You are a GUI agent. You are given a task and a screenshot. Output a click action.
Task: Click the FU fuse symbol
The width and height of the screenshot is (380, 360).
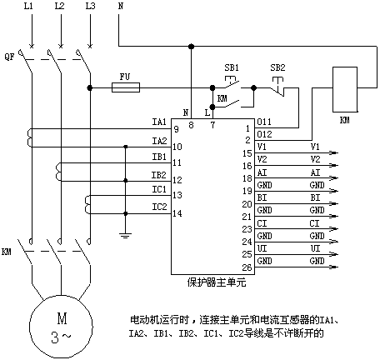(x=126, y=87)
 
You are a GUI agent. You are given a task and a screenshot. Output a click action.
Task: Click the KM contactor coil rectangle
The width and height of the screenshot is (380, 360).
(x=345, y=89)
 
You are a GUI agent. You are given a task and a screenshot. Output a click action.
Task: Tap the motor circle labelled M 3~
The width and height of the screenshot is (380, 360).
(x=61, y=327)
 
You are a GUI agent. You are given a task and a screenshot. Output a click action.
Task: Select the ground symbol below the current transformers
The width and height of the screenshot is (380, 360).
(x=125, y=236)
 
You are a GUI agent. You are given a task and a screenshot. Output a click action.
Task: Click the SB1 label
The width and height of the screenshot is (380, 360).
(x=232, y=67)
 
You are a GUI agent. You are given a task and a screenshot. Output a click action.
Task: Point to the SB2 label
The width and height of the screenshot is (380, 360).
(x=277, y=67)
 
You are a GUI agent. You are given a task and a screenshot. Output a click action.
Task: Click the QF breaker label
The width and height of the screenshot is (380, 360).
(x=9, y=57)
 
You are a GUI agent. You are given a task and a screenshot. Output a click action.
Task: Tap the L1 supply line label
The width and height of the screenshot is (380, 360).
(x=28, y=6)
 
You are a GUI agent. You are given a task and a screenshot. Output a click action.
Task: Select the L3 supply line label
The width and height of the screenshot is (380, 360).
(x=90, y=6)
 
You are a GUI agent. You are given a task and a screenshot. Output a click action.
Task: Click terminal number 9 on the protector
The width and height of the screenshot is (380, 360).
(x=176, y=129)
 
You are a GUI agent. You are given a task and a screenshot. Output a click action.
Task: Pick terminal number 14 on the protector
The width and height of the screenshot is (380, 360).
(x=177, y=213)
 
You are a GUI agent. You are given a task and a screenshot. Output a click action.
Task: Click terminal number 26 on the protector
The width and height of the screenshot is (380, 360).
(x=247, y=267)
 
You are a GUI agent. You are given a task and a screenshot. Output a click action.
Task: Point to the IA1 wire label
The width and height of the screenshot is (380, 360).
(x=159, y=122)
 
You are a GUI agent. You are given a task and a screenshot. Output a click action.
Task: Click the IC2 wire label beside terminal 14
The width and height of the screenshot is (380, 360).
(x=159, y=207)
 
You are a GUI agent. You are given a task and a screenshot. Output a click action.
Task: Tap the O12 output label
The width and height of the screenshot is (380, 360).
(x=264, y=134)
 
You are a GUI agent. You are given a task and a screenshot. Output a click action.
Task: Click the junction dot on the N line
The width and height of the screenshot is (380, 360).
(x=191, y=47)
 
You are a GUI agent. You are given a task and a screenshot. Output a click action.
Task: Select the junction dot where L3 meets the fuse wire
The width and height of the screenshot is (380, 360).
(x=90, y=87)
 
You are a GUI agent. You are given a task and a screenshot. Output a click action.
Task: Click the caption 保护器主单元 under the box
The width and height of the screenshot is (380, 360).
(x=217, y=282)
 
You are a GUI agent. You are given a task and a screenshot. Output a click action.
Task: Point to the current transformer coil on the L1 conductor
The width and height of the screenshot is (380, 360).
(x=29, y=137)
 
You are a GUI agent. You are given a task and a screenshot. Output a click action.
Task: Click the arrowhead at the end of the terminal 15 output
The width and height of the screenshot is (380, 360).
(x=334, y=152)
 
